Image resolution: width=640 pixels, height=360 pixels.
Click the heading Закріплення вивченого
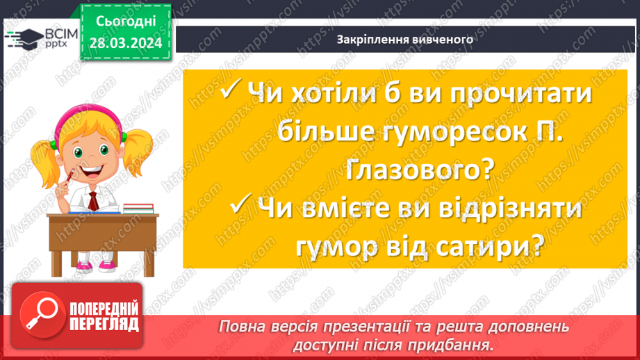pos(404,39)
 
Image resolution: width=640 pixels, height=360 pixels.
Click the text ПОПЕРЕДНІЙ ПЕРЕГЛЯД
pos(104,316)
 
